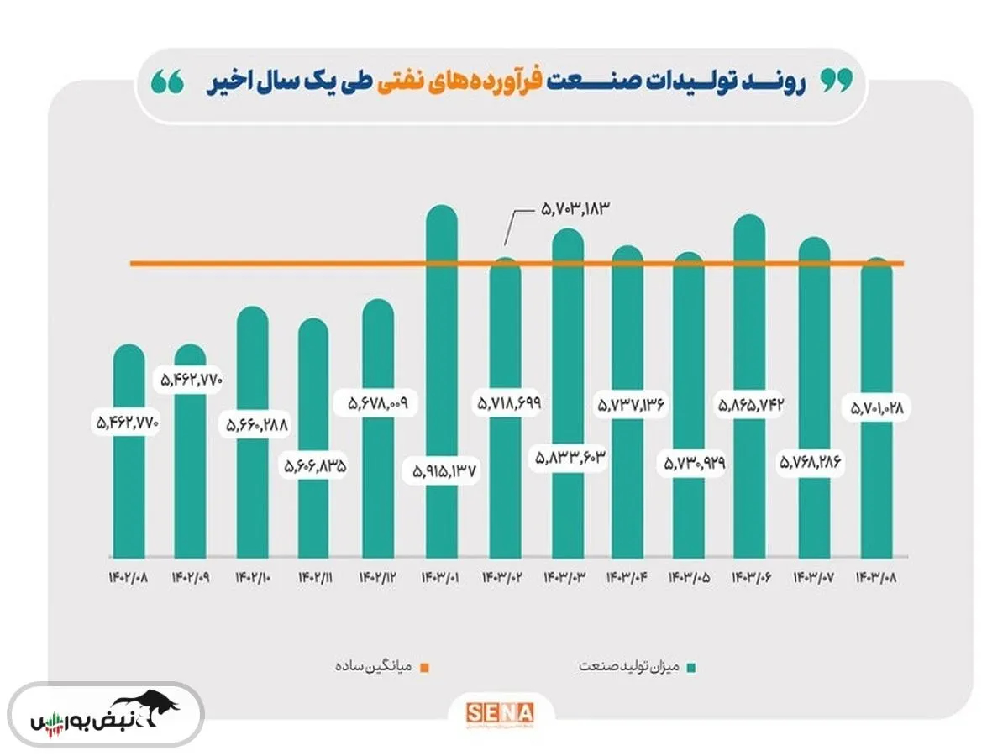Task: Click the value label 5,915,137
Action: (444, 471)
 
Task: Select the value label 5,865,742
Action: (751, 405)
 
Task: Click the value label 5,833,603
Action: (569, 458)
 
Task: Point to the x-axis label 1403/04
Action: (627, 579)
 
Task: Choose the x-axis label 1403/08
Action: (876, 579)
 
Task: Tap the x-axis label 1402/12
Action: (377, 579)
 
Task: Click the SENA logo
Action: (500, 711)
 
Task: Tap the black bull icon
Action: (148, 708)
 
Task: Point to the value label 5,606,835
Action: (314, 465)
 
